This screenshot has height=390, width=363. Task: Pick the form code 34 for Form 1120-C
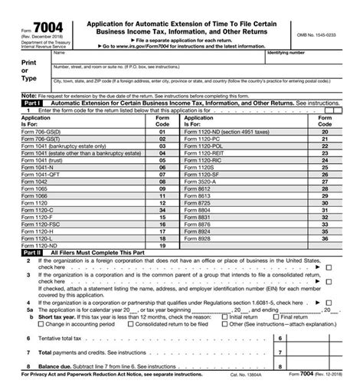point(162,208)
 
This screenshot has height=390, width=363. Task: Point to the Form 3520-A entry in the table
point(201,173)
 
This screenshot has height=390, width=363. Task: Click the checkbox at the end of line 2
point(328,267)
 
